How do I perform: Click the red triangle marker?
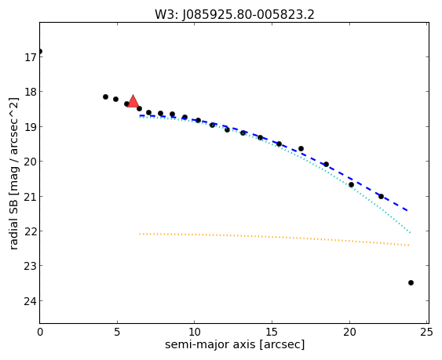133,101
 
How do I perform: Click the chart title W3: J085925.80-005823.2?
234,14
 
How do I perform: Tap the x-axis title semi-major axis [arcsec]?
235,344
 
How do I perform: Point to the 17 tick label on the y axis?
29,57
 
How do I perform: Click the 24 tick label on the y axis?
29,301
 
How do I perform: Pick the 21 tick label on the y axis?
29,196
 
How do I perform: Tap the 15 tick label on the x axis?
272,333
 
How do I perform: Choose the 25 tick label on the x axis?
427,333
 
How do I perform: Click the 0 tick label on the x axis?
40,333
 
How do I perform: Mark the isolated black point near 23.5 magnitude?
411,282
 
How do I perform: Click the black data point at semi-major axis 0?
40,51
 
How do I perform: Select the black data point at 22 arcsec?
381,196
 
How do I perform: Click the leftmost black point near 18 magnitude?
105,96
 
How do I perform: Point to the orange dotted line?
274,238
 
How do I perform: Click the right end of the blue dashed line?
407,210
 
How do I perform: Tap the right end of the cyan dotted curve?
411,233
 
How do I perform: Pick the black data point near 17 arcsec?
301,148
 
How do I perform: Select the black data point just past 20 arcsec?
351,184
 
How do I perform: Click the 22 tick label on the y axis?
29,231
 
